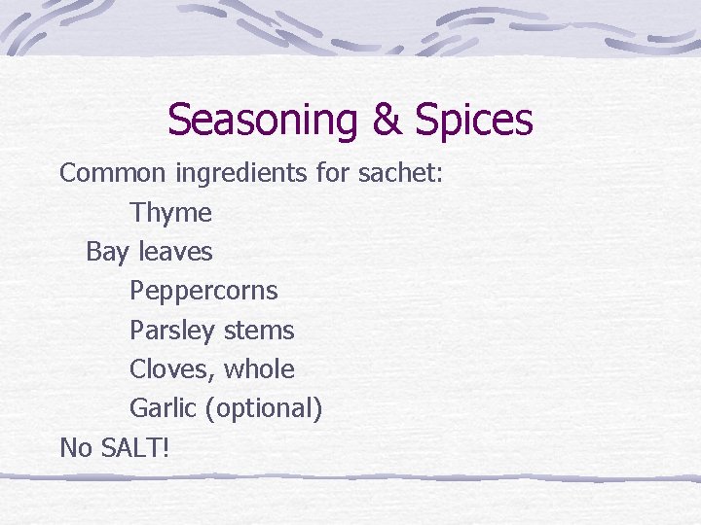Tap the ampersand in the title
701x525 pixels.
[x=388, y=121]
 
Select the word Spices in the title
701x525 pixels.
[x=474, y=121]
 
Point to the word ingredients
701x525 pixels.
[x=243, y=173]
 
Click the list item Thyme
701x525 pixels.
[x=170, y=213]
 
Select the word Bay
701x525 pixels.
[x=107, y=252]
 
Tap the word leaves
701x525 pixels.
[x=175, y=252]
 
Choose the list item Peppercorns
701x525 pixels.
[x=203, y=291]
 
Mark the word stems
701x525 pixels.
[x=259, y=331]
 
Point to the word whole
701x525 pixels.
[x=259, y=369]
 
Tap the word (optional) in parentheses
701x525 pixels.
[x=264, y=409]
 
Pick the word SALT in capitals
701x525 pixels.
[x=133, y=447]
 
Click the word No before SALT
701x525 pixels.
[x=76, y=447]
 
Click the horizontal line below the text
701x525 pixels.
[x=350, y=477]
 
